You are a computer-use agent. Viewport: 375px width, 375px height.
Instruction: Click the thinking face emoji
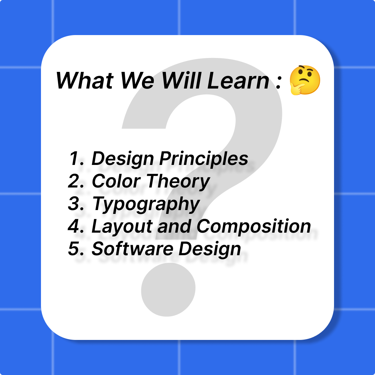click(305, 80)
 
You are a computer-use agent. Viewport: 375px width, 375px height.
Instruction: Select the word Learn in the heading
click(238, 81)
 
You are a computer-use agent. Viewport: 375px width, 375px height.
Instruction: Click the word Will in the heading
click(181, 81)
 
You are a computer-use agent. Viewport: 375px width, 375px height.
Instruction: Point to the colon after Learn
click(278, 83)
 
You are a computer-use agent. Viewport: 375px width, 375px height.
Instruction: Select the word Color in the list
click(116, 181)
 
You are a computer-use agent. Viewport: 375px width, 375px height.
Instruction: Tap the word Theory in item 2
click(178, 182)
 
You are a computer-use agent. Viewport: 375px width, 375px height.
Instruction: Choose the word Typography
click(146, 204)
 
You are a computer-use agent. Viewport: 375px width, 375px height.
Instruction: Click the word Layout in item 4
click(122, 226)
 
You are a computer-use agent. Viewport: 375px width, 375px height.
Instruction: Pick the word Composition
click(253, 226)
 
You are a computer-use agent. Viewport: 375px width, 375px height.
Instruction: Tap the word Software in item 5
click(132, 249)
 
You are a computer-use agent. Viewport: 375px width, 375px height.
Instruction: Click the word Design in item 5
click(210, 249)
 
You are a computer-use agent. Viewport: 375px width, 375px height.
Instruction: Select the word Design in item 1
click(123, 159)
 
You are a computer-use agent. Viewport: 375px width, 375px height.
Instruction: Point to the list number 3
click(76, 203)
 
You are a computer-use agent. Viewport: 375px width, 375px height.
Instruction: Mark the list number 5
click(76, 249)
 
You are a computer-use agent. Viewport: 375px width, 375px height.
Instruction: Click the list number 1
click(76, 158)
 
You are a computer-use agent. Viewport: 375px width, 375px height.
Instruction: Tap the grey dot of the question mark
click(168, 290)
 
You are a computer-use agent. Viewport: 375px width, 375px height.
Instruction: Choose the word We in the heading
click(137, 81)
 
